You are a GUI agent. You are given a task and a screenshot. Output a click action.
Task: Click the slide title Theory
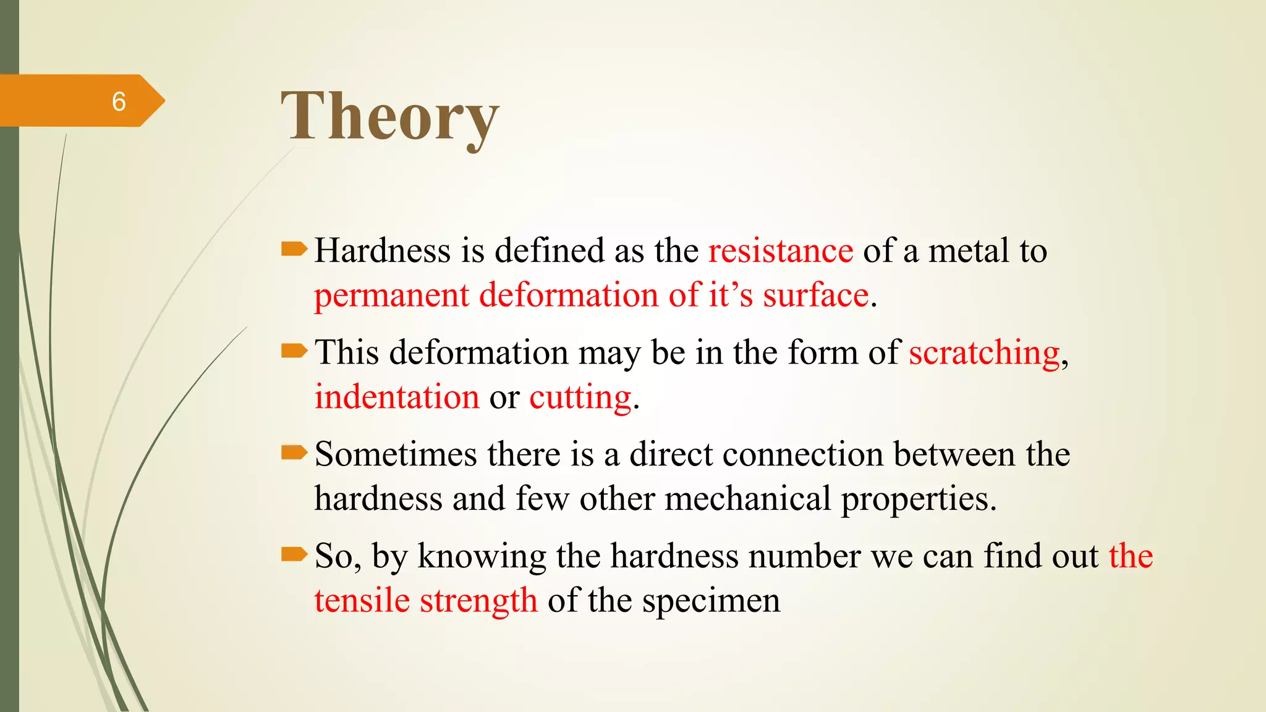[389, 116]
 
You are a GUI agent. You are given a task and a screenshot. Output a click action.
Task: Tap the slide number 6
[119, 101]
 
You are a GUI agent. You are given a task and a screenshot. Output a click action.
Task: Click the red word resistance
[781, 251]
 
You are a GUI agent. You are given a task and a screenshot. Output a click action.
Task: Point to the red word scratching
[985, 354]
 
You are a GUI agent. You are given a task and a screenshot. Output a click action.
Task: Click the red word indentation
[397, 397]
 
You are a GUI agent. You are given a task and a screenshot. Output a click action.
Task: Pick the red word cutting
[580, 397]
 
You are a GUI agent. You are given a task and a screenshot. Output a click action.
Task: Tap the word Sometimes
[396, 455]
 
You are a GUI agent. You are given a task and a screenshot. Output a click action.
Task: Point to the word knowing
[482, 557]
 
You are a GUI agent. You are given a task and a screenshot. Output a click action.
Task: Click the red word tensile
[362, 601]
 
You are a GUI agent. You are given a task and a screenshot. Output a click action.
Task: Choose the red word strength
[478, 601]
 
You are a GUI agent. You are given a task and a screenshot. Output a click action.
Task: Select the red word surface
[815, 295]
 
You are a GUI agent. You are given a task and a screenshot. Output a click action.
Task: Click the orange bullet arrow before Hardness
[294, 249]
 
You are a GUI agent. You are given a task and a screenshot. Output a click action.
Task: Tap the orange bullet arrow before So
[294, 554]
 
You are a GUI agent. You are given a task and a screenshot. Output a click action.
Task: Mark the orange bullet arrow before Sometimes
[294, 453]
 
